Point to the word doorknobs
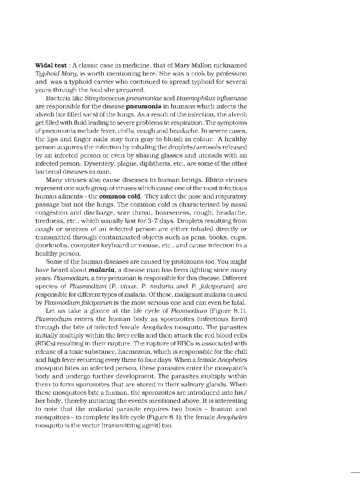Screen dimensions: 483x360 coord(49,245)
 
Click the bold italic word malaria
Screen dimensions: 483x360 coord(102,270)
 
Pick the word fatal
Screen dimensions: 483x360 coord(238,303)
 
